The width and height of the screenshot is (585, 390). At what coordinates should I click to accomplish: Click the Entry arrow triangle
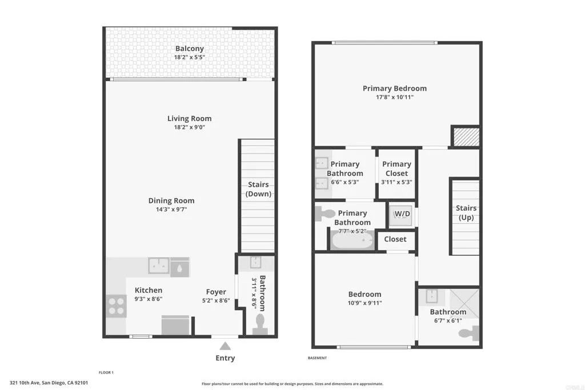[x=225, y=345]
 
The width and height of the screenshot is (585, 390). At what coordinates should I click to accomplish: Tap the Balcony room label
[x=189, y=49]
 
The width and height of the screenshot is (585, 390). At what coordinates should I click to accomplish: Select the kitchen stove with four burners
[x=116, y=305]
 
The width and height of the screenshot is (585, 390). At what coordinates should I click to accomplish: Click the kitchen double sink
[x=159, y=266]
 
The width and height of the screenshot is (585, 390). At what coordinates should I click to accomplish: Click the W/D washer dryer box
[x=402, y=214]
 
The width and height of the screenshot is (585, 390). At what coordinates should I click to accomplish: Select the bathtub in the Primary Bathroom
[x=352, y=240]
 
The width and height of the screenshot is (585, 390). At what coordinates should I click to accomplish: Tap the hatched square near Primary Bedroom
[x=465, y=136]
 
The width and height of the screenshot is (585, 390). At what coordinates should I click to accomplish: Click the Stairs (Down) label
[x=258, y=189]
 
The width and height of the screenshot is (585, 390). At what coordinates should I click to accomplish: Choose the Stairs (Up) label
[x=466, y=213]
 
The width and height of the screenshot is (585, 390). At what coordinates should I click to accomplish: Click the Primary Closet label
[x=396, y=168]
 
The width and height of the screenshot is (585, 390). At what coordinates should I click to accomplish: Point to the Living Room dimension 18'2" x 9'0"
[x=189, y=127]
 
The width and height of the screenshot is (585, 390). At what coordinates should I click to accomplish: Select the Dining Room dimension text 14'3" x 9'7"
[x=171, y=210]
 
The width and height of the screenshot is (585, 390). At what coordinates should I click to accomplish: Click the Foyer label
[x=216, y=292]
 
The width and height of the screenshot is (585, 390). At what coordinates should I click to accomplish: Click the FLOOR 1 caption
[x=106, y=372]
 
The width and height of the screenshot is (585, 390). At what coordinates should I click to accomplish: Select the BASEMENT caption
[x=317, y=358]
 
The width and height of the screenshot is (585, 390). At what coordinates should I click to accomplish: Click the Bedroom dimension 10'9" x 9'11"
[x=364, y=303]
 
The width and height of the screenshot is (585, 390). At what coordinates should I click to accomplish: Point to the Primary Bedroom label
[x=394, y=89]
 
